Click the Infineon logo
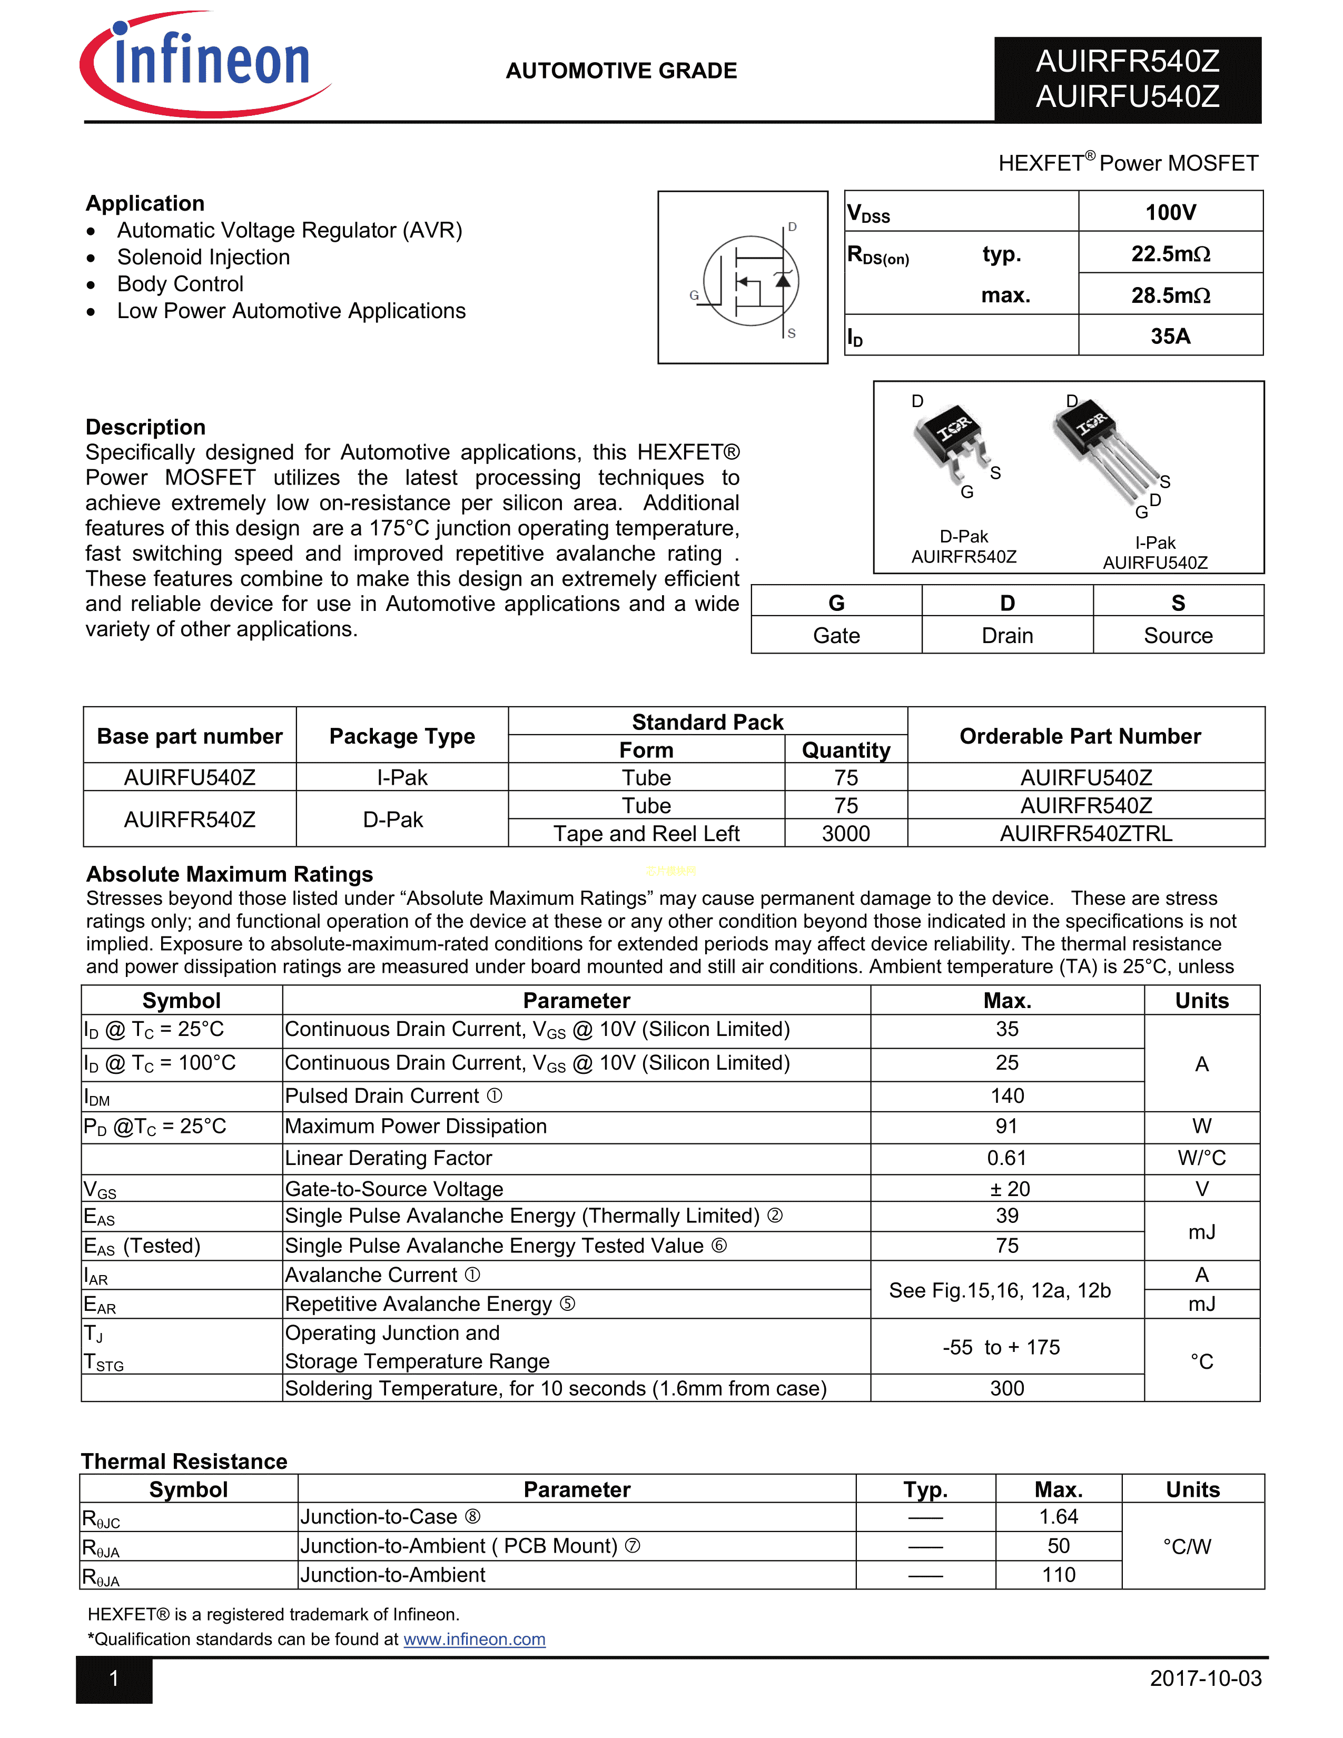tap(205, 64)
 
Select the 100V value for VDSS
tap(1170, 212)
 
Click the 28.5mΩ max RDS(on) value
tap(1170, 295)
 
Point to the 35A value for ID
tap(1170, 336)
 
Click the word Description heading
tap(145, 427)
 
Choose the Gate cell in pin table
tap(836, 636)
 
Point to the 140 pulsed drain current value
tap(1006, 1096)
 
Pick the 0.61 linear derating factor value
tap(1006, 1158)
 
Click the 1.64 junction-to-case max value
tap(1058, 1517)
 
